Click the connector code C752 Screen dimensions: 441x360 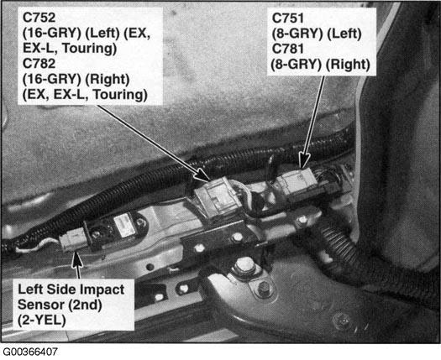click(x=39, y=18)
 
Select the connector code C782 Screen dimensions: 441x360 click(x=39, y=64)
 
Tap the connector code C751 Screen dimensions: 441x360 click(x=288, y=18)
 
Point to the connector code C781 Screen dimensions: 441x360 click(x=288, y=49)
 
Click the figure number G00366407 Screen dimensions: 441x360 click(x=30, y=352)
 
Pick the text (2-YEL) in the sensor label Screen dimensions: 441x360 click(x=42, y=321)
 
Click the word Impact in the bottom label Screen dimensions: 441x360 click(x=105, y=290)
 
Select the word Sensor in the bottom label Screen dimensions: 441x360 click(x=39, y=305)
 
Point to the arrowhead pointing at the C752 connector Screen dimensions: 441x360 click(x=202, y=175)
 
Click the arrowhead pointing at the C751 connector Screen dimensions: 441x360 click(x=303, y=161)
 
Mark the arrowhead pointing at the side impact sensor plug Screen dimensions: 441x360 click(x=76, y=259)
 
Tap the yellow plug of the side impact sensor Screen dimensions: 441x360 click(x=72, y=239)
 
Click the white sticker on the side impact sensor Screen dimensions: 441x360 click(x=123, y=226)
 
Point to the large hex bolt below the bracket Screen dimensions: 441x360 click(x=244, y=265)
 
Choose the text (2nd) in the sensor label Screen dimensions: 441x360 click(x=81, y=305)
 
